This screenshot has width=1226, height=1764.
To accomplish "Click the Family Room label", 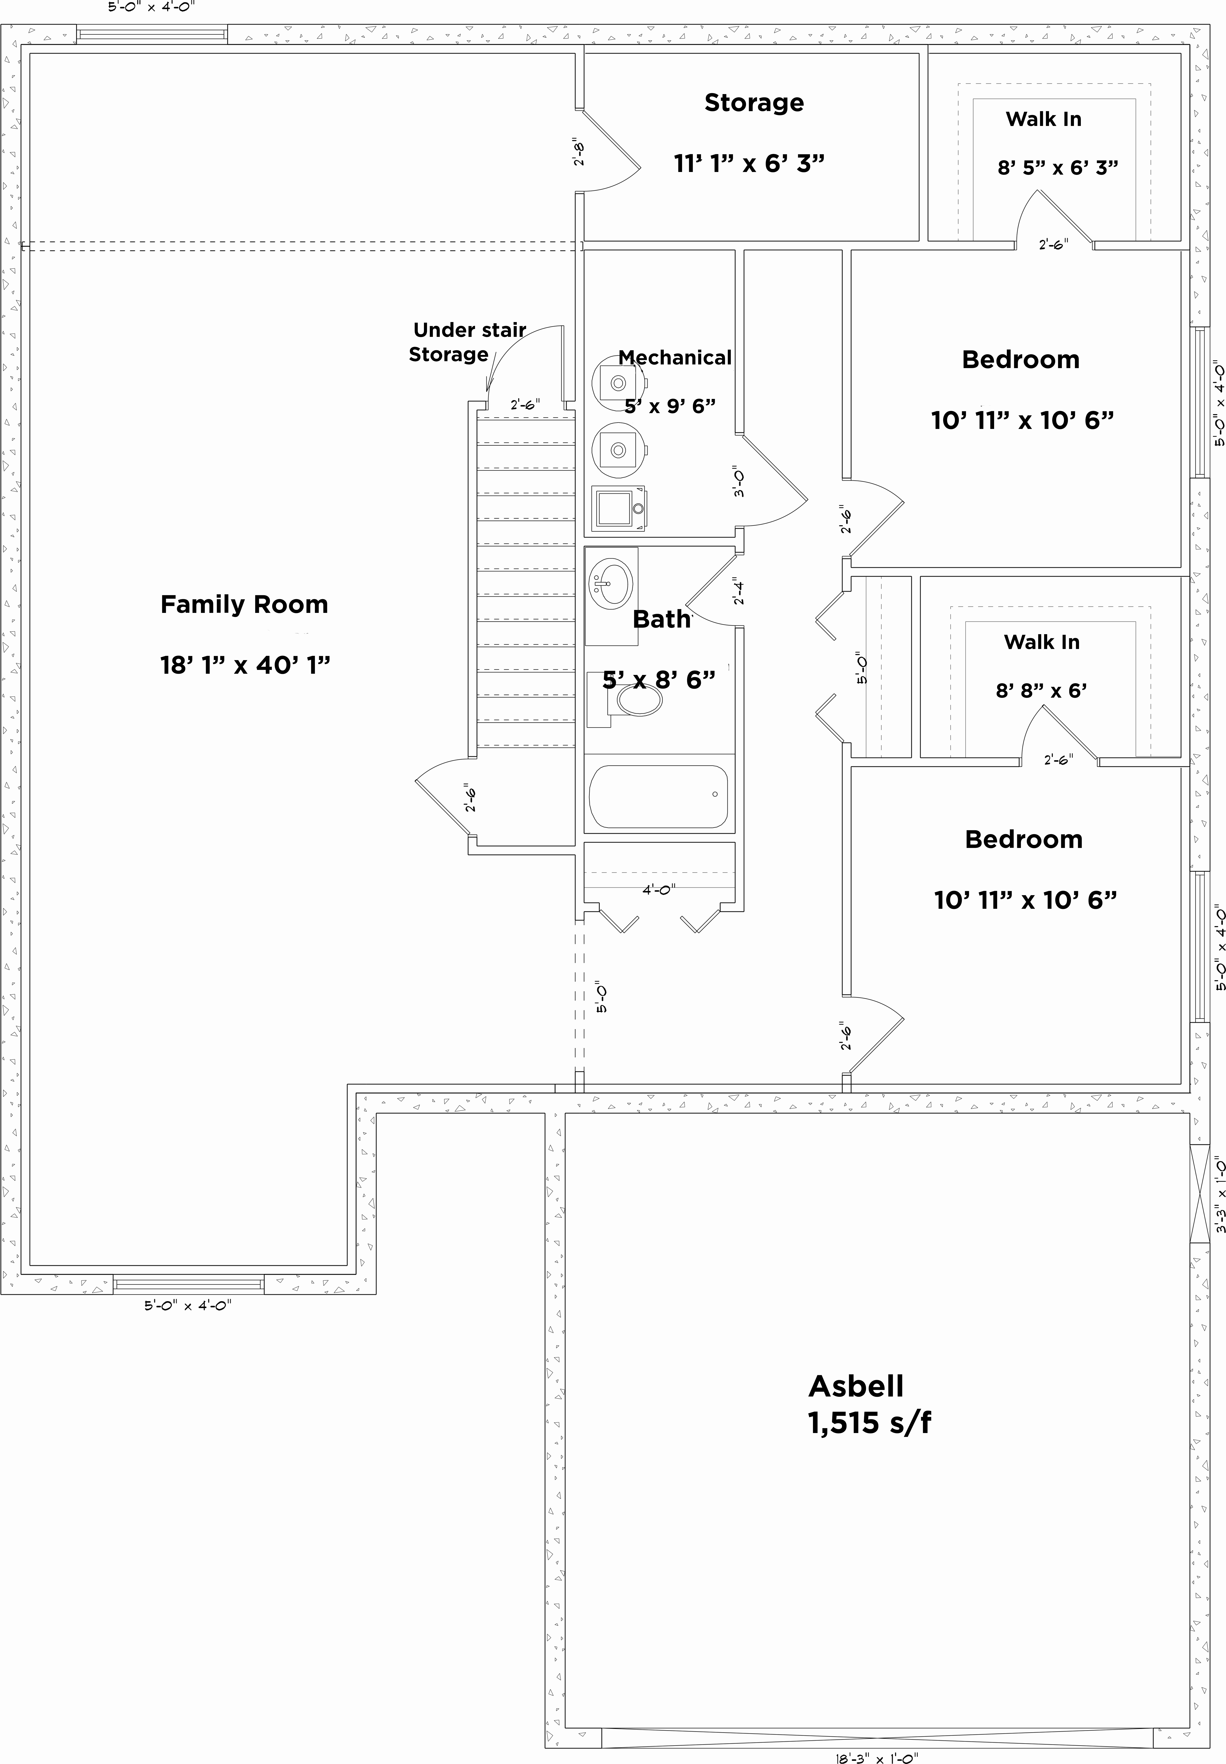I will coord(244,605).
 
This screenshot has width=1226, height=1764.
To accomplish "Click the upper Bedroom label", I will coord(1020,360).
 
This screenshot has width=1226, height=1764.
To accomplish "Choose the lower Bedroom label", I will coord(1023,839).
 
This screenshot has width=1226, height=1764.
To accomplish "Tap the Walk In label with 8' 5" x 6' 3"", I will coord(1043,119).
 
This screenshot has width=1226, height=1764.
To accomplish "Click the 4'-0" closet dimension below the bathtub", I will coord(658,890).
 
